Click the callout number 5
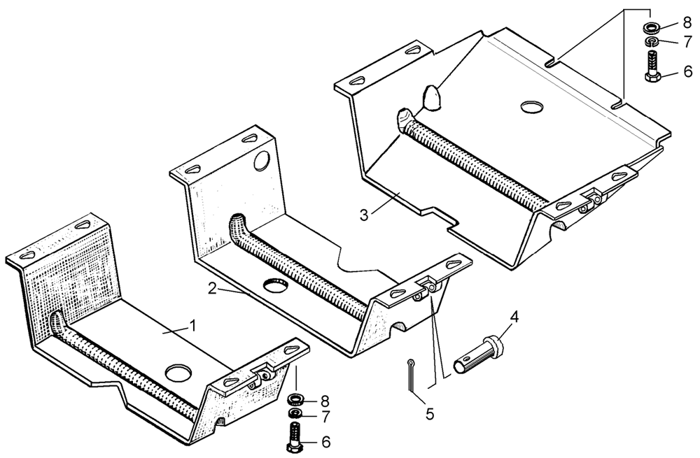coord(430,414)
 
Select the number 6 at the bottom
coord(325,442)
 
